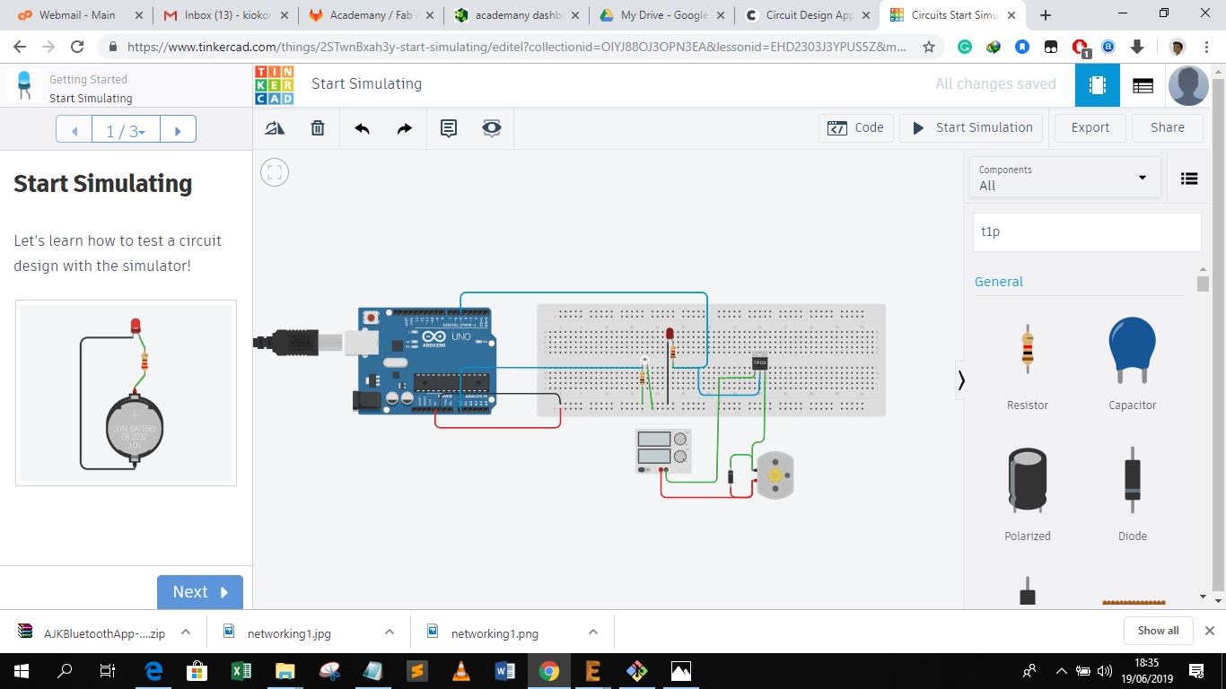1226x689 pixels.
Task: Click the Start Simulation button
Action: coord(972,127)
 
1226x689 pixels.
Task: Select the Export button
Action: coord(1090,127)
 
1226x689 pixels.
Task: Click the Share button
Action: coord(1167,127)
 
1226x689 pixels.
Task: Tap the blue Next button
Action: coord(199,592)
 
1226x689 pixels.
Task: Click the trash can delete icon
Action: coord(318,128)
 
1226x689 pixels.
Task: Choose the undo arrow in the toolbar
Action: coord(362,128)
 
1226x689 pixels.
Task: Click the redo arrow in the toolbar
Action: coord(404,128)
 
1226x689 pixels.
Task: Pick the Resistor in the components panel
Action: coord(1028,349)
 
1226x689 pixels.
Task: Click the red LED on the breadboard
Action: coord(670,335)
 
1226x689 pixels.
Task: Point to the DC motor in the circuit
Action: coord(775,475)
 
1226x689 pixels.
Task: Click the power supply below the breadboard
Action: coord(663,450)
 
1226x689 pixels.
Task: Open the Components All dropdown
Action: coord(1064,178)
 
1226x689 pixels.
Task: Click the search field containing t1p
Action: coord(1086,231)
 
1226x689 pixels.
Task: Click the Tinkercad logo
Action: coord(275,85)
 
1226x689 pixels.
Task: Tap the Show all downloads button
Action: coord(1158,631)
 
